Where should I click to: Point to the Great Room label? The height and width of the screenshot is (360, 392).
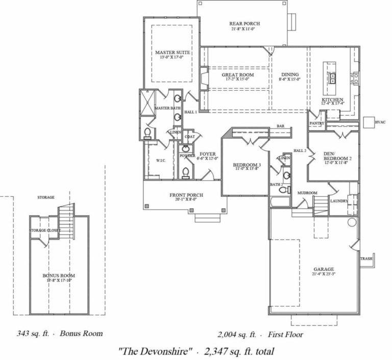tap(237, 75)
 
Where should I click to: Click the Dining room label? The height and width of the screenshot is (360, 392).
tap(289, 75)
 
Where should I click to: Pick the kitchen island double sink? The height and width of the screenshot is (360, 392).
tap(332, 78)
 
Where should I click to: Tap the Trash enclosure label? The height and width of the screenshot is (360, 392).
tap(366, 259)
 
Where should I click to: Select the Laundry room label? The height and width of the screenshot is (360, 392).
tap(339, 201)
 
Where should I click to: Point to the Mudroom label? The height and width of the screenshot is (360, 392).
tap(307, 193)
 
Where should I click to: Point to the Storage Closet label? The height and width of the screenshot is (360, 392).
tap(45, 230)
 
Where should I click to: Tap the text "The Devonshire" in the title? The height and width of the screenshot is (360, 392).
tap(154, 350)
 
